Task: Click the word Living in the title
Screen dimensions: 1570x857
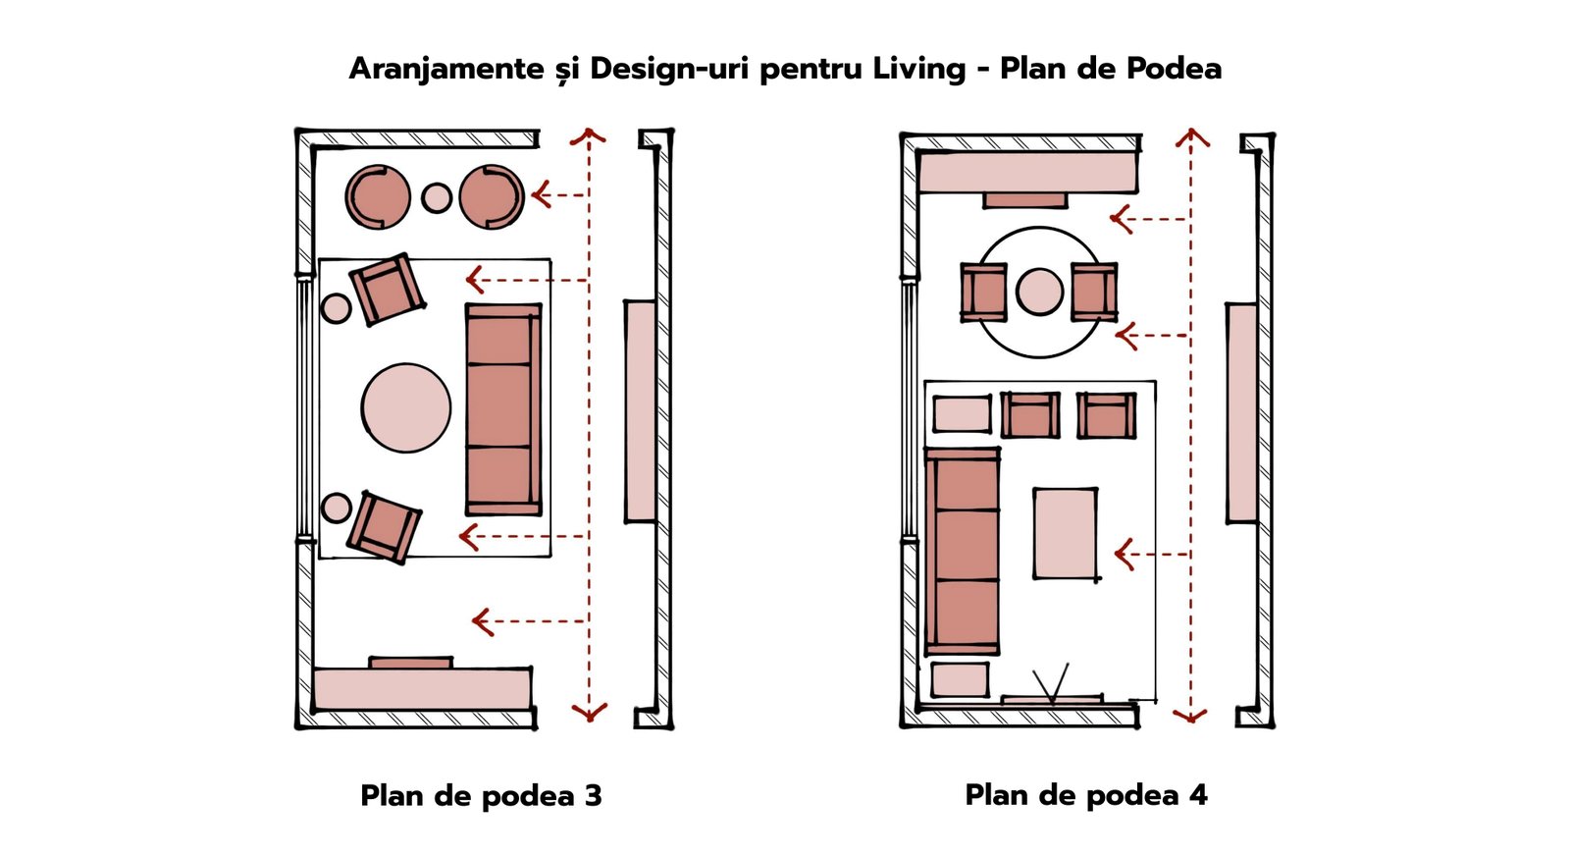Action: click(x=918, y=69)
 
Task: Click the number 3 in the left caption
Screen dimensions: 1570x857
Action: click(x=593, y=796)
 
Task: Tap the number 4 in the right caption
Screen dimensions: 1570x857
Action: click(x=1198, y=795)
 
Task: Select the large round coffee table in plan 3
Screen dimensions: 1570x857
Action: click(x=406, y=407)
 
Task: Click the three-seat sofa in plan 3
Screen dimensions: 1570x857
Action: click(x=503, y=409)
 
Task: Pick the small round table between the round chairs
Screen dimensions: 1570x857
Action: click(x=436, y=197)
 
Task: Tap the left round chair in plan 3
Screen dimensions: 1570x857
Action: click(x=377, y=197)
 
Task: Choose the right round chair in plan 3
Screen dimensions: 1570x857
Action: click(x=492, y=197)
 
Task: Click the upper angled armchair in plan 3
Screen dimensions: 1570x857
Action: click(x=387, y=289)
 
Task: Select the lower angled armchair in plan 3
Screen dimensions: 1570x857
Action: click(x=384, y=527)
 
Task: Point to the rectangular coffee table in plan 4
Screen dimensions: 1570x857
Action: click(x=1066, y=534)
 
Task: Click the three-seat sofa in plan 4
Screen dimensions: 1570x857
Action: click(x=962, y=552)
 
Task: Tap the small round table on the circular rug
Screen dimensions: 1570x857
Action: click(x=1039, y=291)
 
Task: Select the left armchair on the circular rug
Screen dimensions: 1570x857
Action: click(x=982, y=293)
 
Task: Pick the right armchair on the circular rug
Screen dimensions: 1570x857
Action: click(x=1094, y=293)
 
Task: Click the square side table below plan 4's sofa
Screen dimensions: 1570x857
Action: click(x=960, y=679)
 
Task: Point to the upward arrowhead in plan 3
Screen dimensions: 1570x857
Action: click(x=588, y=136)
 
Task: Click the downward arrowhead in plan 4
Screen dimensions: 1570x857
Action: click(x=1190, y=716)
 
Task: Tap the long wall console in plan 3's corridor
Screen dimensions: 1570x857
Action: click(x=641, y=411)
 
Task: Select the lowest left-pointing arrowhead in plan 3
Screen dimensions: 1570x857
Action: click(x=482, y=622)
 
